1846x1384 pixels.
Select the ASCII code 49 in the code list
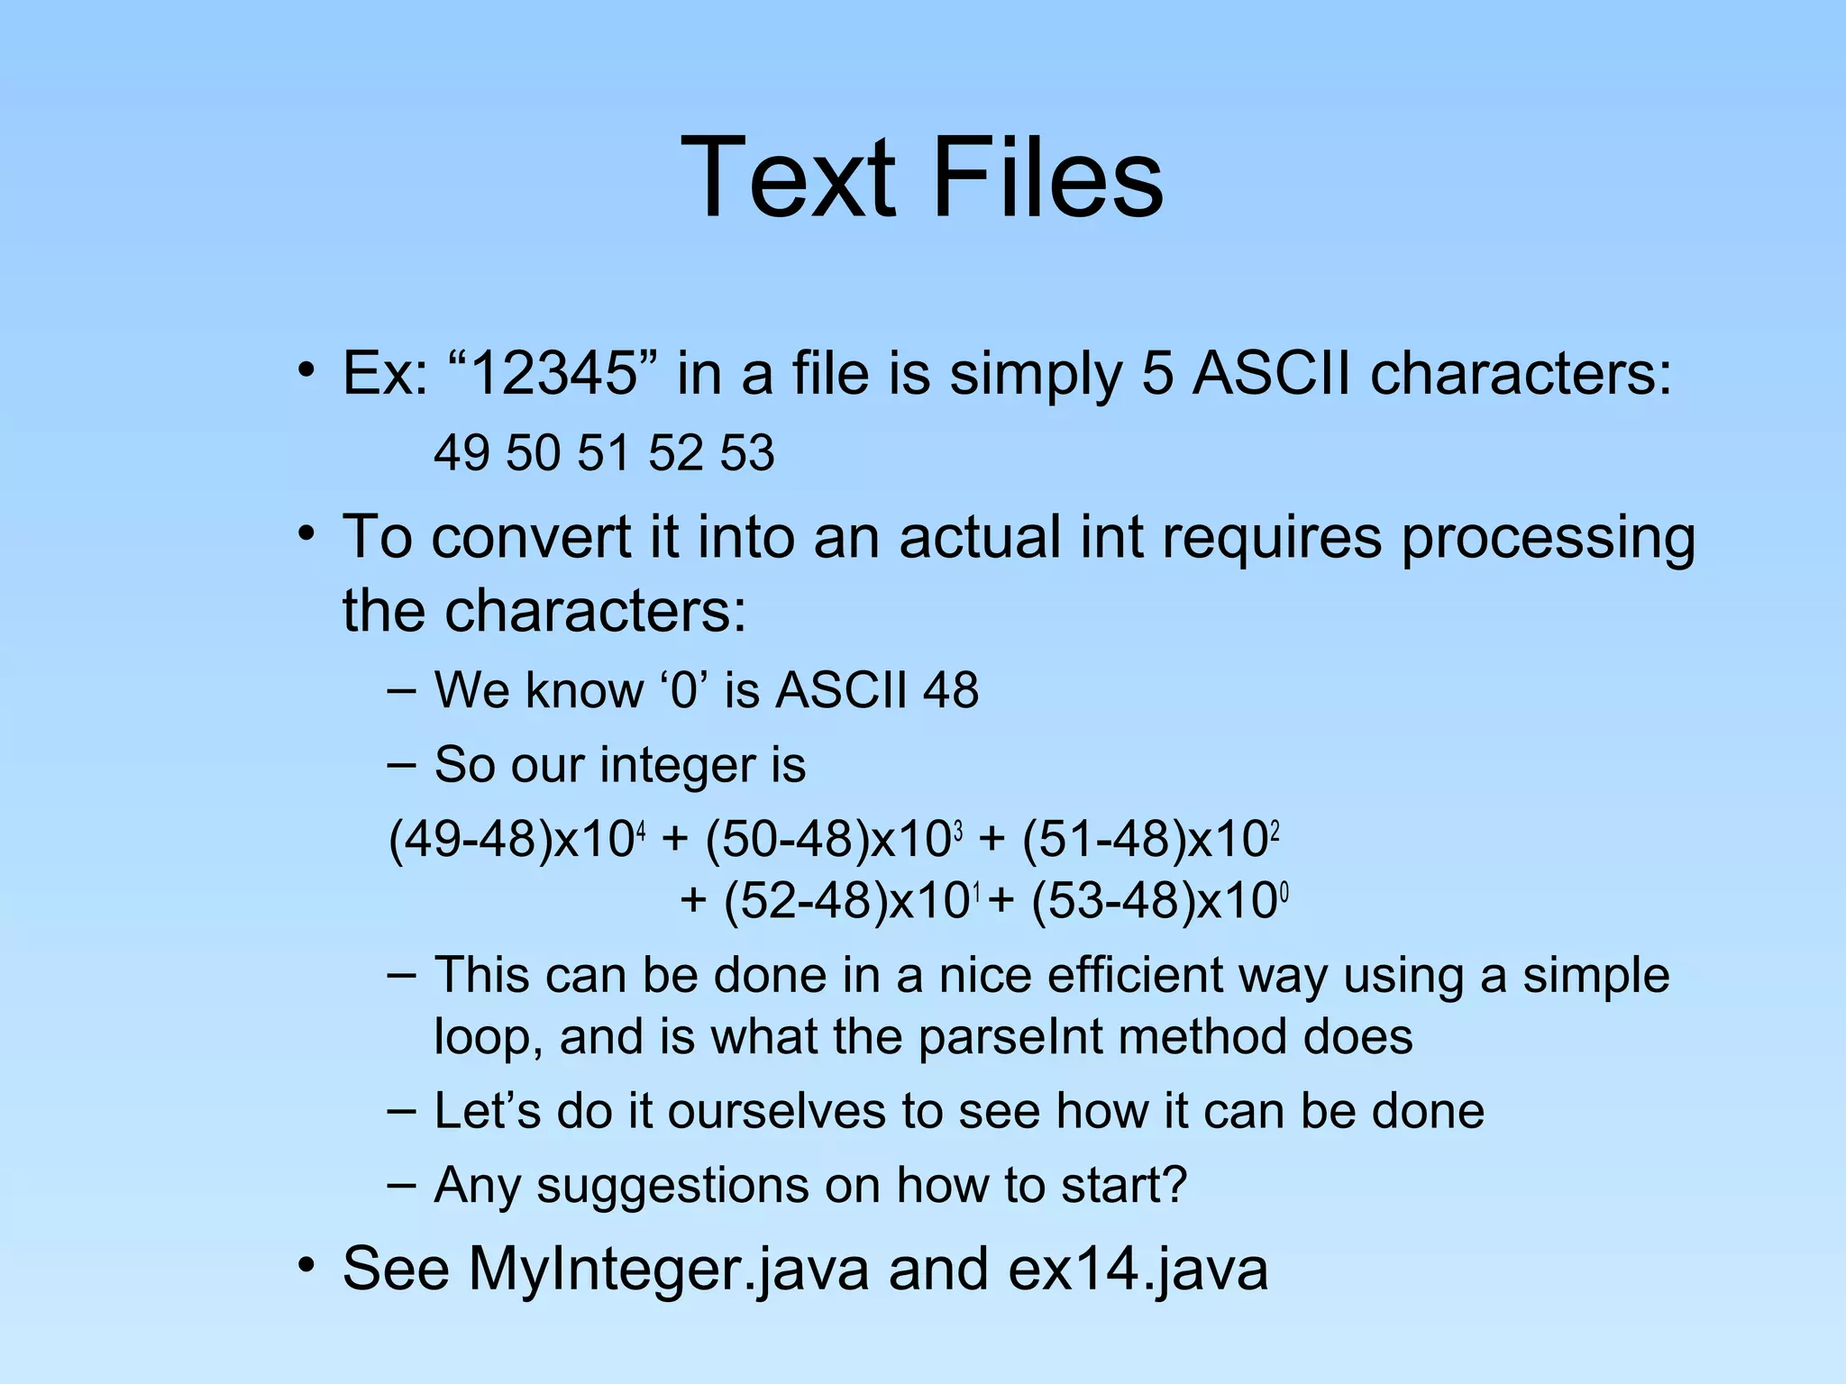tap(461, 452)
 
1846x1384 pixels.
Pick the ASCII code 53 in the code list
tap(747, 452)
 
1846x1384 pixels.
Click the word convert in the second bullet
tap(530, 538)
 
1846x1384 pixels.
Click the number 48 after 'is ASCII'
tap(950, 691)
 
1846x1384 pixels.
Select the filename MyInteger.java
tap(669, 1269)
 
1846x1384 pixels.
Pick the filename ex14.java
tap(1138, 1269)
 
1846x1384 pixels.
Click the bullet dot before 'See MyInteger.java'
tap(306, 1265)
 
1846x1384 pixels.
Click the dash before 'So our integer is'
tap(401, 765)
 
